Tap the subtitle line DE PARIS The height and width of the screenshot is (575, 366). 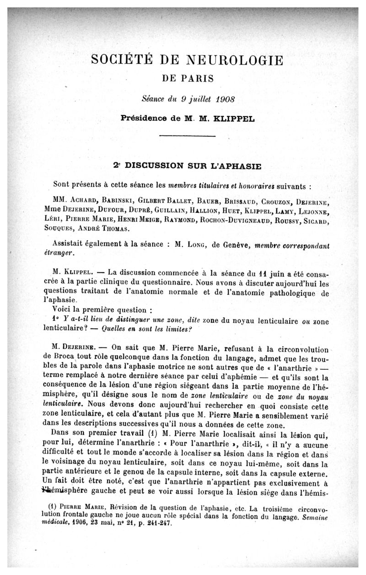(x=188, y=78)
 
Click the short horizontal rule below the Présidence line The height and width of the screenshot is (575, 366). (x=188, y=136)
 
